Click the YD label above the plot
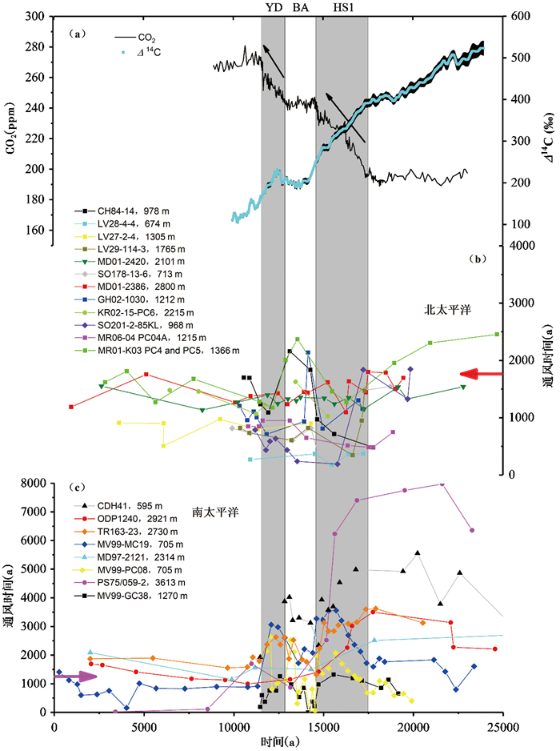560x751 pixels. click(273, 7)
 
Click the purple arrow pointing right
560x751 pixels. click(74, 677)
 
